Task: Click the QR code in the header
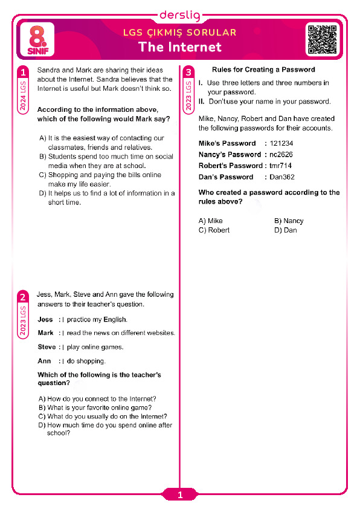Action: pos(323,40)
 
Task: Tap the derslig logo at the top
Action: pos(180,15)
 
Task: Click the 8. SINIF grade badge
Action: pos(37,40)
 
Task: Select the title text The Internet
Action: pos(180,47)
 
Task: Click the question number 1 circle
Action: pos(23,72)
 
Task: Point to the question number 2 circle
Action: pos(23,296)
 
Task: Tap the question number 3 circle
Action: pos(188,72)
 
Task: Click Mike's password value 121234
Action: pos(281,143)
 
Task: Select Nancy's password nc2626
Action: pos(281,155)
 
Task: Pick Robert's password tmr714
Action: pos(280,166)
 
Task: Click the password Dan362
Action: pos(282,177)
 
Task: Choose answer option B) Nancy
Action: pos(289,221)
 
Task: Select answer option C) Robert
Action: pos(214,230)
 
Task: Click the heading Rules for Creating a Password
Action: pos(263,70)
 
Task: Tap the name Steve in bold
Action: pos(47,347)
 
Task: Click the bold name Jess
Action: pos(45,319)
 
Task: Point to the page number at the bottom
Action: pos(180,494)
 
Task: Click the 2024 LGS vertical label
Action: pos(23,96)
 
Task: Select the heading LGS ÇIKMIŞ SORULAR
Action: pos(180,33)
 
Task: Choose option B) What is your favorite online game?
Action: pos(95,407)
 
